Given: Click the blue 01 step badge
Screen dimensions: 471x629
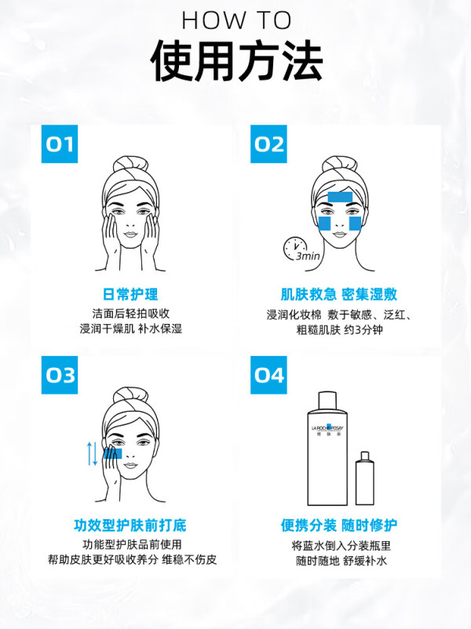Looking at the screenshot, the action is click(x=60, y=144).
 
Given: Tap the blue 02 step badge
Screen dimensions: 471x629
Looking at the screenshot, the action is click(x=268, y=144).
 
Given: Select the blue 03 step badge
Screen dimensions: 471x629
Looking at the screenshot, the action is click(x=60, y=375).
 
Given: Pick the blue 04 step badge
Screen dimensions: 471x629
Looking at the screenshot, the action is click(x=268, y=375).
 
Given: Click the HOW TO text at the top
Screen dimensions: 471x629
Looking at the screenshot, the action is click(x=236, y=20).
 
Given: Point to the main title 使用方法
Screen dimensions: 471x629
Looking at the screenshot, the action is click(x=236, y=61).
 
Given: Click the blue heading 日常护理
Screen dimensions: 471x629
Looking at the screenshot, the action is click(x=130, y=294).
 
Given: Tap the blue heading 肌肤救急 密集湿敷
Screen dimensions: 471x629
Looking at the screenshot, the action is click(x=339, y=294).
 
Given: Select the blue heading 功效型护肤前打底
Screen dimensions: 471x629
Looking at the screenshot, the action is click(x=130, y=525).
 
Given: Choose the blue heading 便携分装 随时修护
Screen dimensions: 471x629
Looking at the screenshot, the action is click(x=339, y=525).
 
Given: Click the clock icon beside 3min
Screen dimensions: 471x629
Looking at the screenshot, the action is click(x=294, y=248).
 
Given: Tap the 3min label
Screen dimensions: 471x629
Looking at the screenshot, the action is click(x=309, y=256).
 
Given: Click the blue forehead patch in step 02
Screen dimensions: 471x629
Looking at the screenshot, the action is click(x=340, y=197).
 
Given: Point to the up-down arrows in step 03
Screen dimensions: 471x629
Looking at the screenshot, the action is click(x=93, y=453).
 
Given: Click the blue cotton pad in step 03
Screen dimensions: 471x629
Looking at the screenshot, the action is click(x=112, y=453).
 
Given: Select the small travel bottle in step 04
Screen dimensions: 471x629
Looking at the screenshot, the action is click(x=364, y=478).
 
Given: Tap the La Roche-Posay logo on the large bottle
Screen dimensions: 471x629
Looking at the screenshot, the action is click(x=327, y=429).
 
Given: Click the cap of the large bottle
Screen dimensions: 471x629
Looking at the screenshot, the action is click(x=327, y=401).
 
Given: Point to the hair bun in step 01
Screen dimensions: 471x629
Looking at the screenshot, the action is click(x=130, y=165).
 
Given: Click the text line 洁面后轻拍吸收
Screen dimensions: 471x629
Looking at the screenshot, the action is click(x=131, y=313).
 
